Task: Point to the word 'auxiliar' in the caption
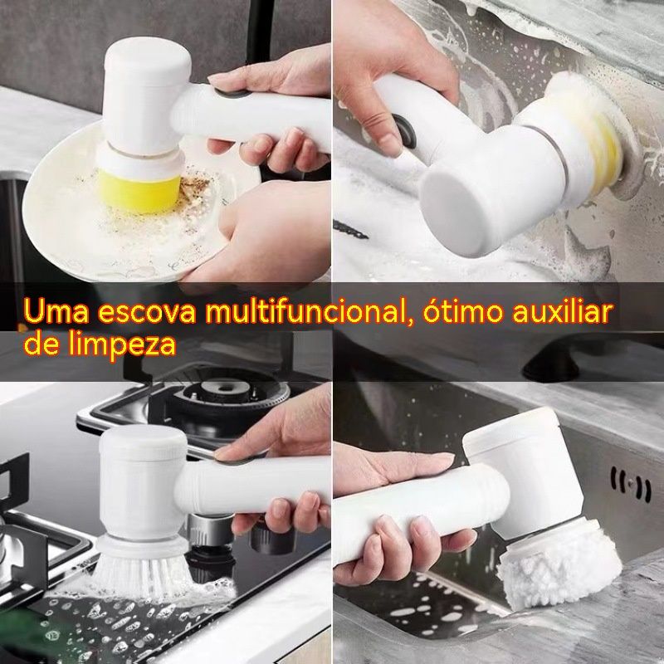563,311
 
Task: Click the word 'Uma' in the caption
56,312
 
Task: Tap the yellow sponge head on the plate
139,190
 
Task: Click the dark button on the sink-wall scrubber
405,131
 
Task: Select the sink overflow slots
631,484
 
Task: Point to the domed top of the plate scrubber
147,56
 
